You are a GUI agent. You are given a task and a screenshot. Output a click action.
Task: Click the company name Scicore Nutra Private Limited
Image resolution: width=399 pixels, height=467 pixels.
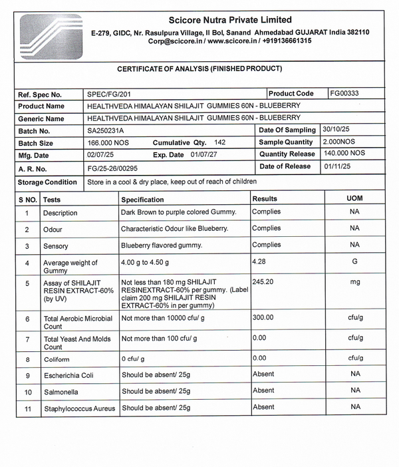point(230,20)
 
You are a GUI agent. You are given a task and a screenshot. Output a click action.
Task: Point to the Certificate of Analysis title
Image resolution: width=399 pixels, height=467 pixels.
point(199,69)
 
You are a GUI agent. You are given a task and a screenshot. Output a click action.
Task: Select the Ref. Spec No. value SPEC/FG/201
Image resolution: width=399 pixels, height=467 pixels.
point(109,94)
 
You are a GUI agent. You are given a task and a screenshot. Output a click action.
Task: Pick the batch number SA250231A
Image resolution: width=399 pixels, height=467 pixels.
point(106,131)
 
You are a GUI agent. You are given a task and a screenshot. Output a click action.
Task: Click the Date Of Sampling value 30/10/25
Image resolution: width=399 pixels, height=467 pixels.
point(335,130)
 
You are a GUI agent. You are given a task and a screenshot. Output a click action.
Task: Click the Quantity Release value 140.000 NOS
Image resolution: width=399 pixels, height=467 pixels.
point(343,154)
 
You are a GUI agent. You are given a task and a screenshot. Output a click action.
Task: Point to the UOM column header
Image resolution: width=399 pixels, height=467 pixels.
point(355,198)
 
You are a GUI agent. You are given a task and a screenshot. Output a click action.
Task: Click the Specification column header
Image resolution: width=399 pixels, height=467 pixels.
point(142,200)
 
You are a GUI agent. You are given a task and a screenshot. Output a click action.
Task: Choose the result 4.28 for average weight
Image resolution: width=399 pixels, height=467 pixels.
point(259,262)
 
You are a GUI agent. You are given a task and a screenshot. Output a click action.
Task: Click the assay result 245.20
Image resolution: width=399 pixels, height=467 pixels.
point(263,282)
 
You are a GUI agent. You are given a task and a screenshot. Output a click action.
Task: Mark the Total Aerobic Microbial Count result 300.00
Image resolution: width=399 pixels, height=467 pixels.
point(263,318)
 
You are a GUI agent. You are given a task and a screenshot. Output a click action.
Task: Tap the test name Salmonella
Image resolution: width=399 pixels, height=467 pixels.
point(61,392)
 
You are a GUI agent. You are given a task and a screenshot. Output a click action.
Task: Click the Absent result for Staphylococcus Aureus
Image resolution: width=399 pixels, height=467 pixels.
point(263,407)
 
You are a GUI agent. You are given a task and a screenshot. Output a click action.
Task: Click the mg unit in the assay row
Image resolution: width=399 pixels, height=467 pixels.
point(355,282)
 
